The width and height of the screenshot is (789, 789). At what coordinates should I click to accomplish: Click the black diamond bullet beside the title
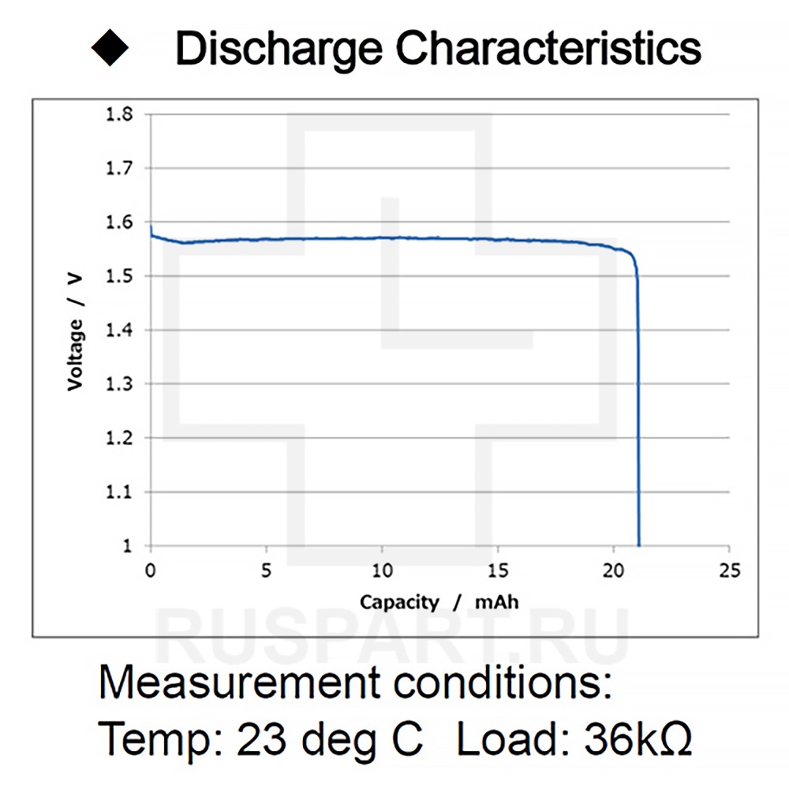point(110,49)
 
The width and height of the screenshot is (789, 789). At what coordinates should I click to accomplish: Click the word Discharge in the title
point(280,49)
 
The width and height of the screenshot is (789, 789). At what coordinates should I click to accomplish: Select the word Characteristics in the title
point(548,49)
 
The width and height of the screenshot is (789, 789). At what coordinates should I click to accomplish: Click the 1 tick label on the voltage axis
point(126,546)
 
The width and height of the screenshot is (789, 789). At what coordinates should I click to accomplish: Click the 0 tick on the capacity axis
point(151,570)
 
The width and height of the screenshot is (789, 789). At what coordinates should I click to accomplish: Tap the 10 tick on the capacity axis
point(382,570)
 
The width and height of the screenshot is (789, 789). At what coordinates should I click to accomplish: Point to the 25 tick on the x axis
point(730,570)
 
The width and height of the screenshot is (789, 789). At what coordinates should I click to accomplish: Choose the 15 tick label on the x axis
point(498,570)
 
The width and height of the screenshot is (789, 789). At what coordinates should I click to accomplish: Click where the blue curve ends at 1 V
point(638,544)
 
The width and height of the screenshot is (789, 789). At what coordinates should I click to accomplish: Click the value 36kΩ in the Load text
point(638,739)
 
